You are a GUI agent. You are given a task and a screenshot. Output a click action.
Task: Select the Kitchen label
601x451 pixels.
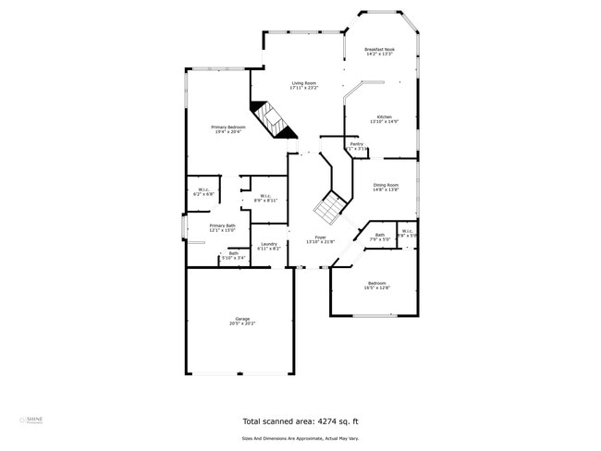point(384,118)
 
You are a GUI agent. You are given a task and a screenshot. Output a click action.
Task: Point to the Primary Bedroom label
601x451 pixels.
point(227,128)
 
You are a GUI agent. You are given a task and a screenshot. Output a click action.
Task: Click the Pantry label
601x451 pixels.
point(356,144)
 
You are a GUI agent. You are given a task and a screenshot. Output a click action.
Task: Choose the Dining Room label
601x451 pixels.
point(386,186)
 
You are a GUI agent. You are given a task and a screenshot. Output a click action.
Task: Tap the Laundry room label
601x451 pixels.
point(268,245)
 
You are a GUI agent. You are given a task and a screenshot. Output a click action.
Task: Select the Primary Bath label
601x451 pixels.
point(222,226)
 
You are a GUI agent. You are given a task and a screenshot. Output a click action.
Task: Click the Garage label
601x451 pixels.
point(241,319)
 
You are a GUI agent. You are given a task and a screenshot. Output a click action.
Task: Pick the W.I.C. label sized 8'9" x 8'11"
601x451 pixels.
point(265,196)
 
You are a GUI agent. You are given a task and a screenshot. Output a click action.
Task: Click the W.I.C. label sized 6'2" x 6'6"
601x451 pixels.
point(203,191)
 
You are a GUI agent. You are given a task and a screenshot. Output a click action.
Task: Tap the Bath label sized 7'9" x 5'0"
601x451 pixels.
point(379,235)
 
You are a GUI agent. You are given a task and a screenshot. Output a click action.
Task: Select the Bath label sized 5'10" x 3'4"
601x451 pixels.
point(234,253)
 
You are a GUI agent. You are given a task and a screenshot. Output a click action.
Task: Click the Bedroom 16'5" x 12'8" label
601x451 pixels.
point(377,284)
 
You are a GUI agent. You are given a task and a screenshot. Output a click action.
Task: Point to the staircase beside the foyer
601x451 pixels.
point(327,209)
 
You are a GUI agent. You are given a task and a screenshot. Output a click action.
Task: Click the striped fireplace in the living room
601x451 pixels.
point(271,118)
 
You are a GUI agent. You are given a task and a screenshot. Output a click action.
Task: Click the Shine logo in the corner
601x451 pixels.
point(31,421)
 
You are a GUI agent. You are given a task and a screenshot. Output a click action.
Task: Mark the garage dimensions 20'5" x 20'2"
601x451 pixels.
point(241,323)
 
